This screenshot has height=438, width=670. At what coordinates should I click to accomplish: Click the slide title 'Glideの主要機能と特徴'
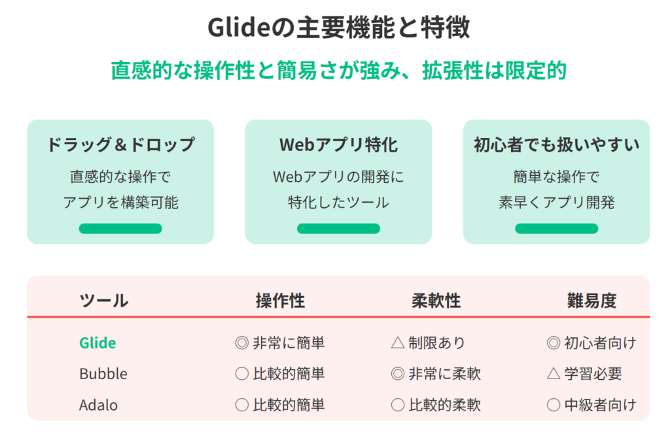(x=338, y=27)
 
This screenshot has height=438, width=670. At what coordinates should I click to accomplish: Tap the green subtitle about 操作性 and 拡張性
(x=338, y=71)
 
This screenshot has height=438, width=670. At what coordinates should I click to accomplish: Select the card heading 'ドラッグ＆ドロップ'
(x=120, y=144)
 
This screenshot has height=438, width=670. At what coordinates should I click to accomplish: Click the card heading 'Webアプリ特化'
(x=338, y=144)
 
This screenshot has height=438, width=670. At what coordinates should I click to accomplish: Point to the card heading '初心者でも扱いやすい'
(x=556, y=144)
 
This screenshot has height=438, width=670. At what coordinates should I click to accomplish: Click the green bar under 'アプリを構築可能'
(x=120, y=228)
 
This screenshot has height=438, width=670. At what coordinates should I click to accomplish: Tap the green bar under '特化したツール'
(x=338, y=228)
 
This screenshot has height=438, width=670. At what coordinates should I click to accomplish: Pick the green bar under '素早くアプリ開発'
(x=556, y=228)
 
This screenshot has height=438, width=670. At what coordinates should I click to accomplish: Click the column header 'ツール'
(x=104, y=301)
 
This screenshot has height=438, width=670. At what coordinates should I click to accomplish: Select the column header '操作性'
(x=280, y=301)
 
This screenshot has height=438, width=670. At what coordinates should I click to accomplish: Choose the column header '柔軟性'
(x=436, y=301)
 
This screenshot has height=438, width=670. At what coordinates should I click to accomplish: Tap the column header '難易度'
(x=591, y=301)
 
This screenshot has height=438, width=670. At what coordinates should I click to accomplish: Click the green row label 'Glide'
(x=97, y=343)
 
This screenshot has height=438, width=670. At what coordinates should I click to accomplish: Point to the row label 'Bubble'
(x=103, y=374)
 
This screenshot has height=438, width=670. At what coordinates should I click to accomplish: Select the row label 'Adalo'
(x=98, y=405)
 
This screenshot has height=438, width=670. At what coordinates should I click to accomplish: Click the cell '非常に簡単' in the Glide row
(x=289, y=343)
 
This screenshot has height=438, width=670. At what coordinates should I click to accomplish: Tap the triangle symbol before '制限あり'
(x=398, y=343)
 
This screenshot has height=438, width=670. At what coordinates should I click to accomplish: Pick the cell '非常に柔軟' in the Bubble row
(x=445, y=374)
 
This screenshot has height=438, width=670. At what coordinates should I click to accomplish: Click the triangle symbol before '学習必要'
(x=554, y=373)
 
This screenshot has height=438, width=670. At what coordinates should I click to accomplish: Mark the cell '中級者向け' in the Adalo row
(x=601, y=405)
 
